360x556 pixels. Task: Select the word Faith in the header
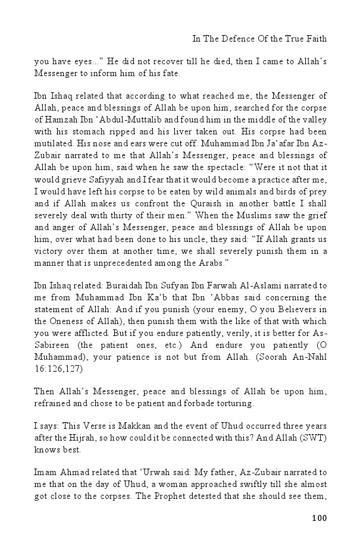[315, 39]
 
